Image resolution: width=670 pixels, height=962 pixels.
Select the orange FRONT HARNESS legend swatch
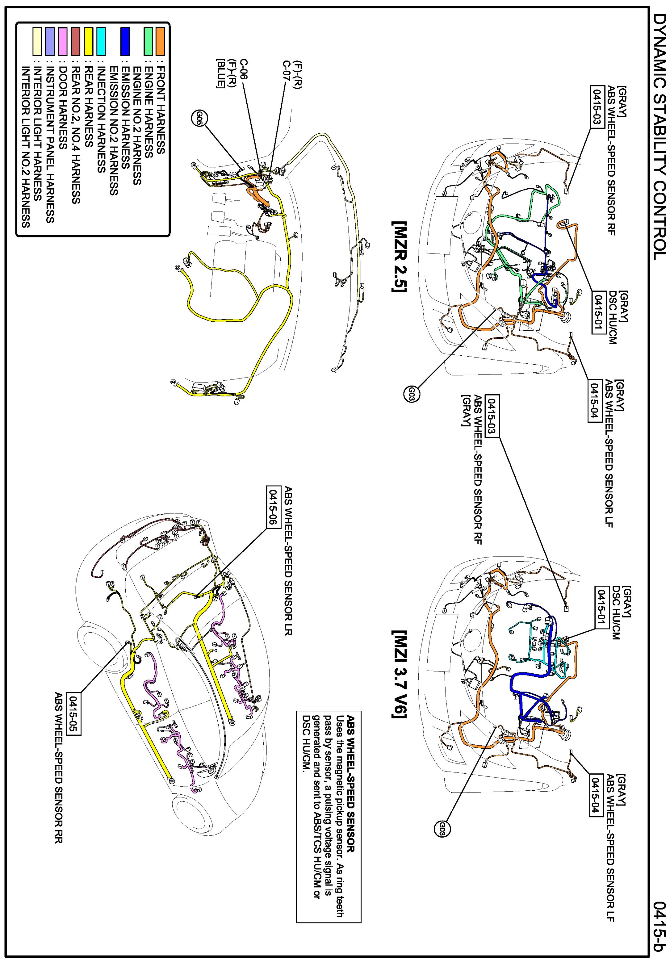point(160,41)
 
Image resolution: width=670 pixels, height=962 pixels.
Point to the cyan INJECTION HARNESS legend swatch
point(101,41)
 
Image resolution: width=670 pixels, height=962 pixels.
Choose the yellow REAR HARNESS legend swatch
point(88,41)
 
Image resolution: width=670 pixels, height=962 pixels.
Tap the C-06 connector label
point(243,69)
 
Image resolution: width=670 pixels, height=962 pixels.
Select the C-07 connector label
point(286,71)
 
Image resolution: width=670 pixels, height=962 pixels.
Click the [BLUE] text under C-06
point(220,73)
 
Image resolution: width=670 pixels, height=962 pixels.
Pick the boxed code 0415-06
point(273,507)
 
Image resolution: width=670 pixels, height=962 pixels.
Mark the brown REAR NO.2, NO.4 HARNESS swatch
point(76,41)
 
